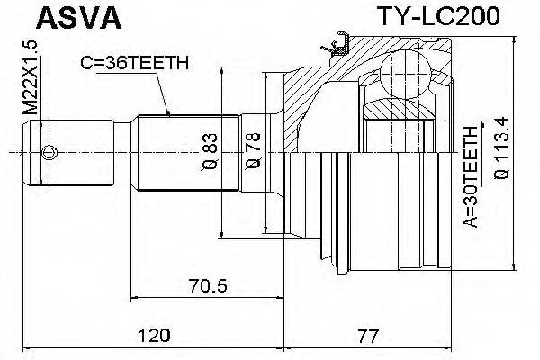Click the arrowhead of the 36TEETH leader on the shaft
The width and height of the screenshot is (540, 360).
(171, 113)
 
